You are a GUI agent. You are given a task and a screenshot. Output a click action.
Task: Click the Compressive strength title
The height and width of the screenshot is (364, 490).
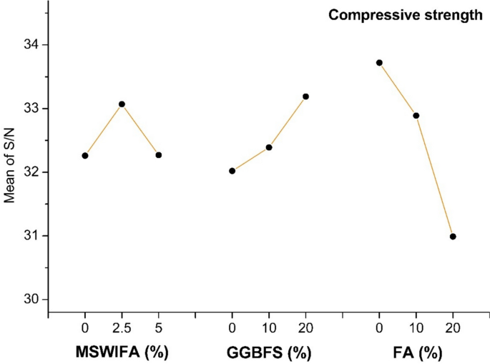click(406, 15)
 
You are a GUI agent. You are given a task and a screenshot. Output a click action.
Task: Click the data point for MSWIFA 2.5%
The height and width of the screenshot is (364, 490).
click(122, 104)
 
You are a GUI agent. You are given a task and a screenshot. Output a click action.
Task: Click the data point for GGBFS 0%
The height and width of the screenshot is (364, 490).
click(232, 171)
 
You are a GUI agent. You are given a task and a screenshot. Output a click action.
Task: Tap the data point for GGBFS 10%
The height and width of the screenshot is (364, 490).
click(269, 147)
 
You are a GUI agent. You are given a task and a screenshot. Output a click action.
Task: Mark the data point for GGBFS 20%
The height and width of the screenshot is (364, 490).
click(306, 97)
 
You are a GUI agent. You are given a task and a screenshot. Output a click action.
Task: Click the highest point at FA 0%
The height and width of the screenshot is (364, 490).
click(379, 63)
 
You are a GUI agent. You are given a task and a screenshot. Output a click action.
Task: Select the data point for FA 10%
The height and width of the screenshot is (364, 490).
click(416, 115)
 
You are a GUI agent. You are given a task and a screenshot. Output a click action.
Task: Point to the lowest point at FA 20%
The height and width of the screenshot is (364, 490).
click(453, 237)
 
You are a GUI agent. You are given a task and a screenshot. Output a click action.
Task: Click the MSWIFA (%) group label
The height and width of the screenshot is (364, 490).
click(122, 353)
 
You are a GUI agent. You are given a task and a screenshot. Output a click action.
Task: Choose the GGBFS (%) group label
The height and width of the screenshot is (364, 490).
click(269, 353)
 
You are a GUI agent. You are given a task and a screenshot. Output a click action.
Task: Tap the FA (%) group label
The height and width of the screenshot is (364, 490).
click(416, 353)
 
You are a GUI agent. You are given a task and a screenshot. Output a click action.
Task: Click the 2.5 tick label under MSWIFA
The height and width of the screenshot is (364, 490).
click(122, 330)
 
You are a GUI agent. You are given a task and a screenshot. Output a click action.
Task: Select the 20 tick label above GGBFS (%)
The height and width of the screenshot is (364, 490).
click(306, 330)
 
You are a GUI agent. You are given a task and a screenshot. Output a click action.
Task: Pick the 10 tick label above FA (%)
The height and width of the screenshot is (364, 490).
click(416, 330)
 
